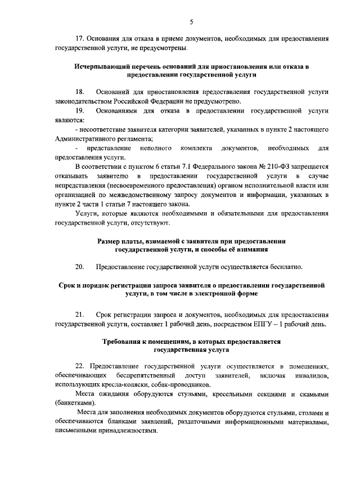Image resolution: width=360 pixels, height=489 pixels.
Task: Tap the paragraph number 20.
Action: click(x=79, y=266)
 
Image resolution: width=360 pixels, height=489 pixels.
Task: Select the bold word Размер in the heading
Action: click(x=109, y=241)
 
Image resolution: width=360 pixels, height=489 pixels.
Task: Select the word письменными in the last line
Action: click(x=76, y=432)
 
